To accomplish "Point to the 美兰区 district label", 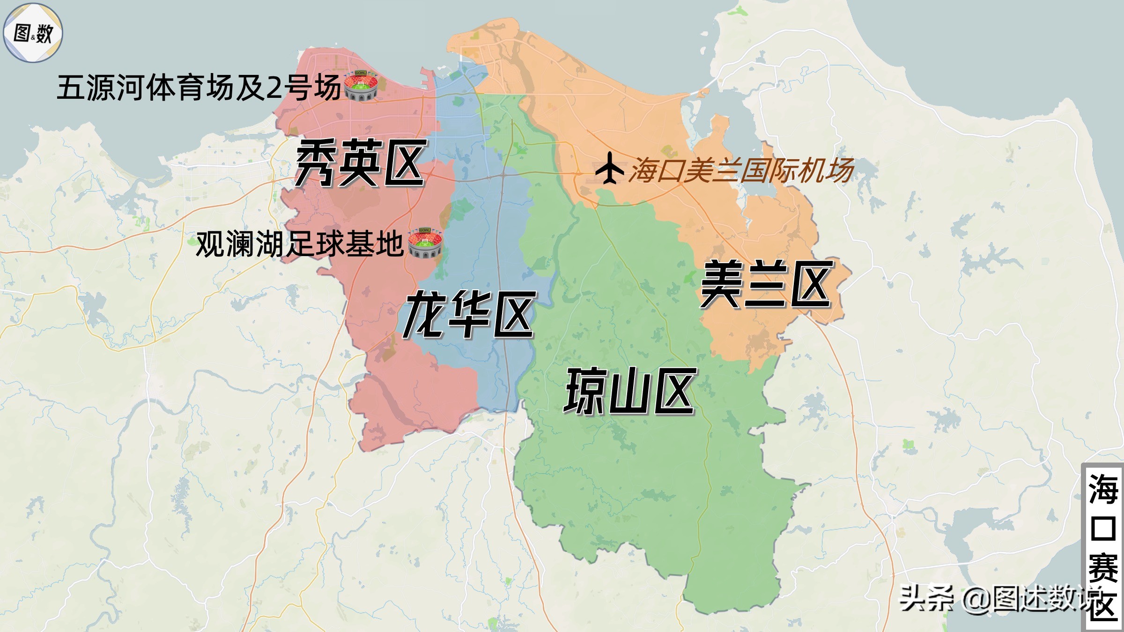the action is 766,284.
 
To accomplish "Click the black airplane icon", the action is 609,168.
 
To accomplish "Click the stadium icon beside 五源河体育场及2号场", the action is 361,86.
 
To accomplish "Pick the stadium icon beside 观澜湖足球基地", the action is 425,243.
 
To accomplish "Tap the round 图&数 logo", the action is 33,33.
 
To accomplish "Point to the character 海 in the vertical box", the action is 1102,489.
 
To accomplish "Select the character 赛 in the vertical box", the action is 1102,567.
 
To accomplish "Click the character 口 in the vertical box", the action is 1102,528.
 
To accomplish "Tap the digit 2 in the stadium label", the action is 274,88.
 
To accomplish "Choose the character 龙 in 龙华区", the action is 423,314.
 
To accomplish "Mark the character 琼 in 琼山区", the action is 585,391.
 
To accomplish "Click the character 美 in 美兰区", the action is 721,284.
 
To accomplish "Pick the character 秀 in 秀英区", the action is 316,163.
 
